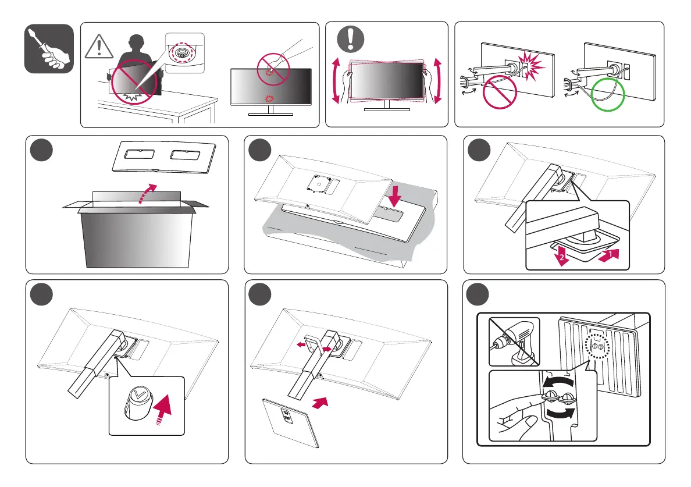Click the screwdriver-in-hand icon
point(49,49)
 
